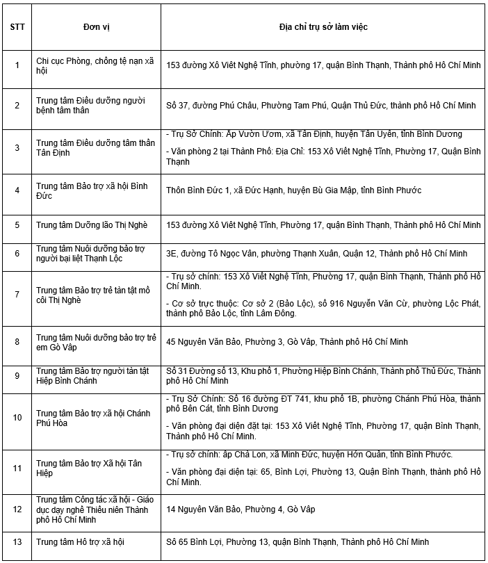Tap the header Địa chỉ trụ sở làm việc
(323, 26)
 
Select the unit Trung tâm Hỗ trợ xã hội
(80, 541)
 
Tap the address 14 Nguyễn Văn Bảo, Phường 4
(241, 509)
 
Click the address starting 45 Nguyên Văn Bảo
(286, 342)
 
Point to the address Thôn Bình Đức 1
(293, 190)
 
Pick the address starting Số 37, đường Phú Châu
(320, 105)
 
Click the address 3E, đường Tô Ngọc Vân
(316, 253)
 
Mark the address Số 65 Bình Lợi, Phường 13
(298, 541)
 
